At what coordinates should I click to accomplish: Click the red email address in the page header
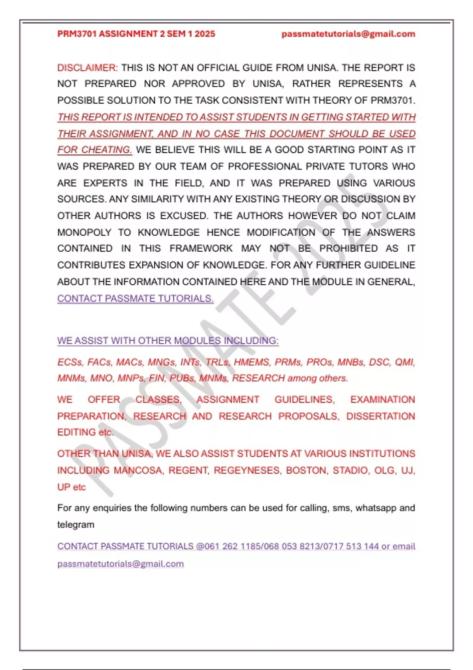coord(348,34)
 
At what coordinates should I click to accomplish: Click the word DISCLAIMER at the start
coord(87,68)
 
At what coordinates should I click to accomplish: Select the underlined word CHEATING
coord(106,150)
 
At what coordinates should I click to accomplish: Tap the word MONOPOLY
coord(84,233)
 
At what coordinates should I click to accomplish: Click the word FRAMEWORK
coord(201,249)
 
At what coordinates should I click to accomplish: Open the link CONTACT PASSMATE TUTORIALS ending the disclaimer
coord(135,299)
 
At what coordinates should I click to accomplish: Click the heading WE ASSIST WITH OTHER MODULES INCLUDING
coord(168,341)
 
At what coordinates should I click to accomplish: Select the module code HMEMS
coord(251,362)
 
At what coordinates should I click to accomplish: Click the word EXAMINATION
coord(382,400)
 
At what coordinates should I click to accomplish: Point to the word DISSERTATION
coord(380,417)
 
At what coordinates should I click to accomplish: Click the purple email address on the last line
coord(120,564)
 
